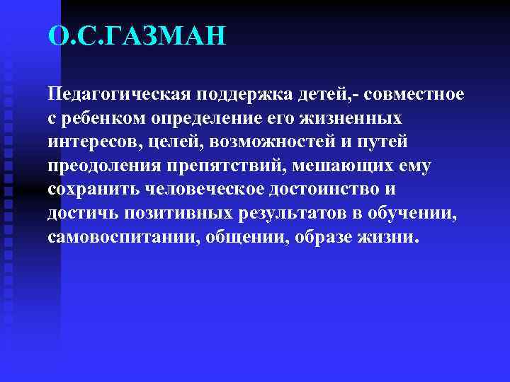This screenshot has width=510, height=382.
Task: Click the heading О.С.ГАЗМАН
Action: [137, 36]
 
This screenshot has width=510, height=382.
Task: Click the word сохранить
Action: [93, 189]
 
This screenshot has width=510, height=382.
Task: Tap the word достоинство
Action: [325, 189]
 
